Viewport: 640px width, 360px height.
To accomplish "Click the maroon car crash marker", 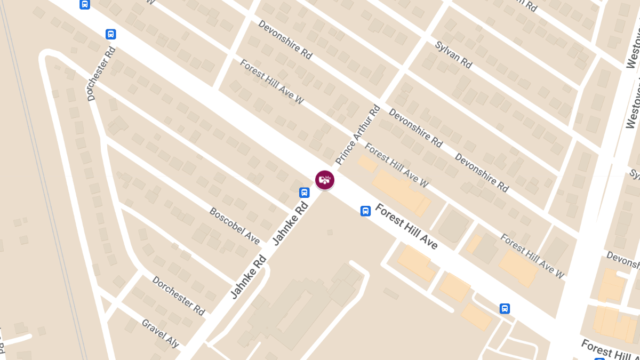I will (325, 180).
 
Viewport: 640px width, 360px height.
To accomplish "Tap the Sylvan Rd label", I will (453, 55).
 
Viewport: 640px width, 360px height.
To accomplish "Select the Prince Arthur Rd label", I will (358, 134).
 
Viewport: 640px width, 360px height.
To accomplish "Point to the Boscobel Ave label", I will (235, 226).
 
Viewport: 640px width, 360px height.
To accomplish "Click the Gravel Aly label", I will (160, 333).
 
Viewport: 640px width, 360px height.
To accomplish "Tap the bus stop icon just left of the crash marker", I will (305, 193).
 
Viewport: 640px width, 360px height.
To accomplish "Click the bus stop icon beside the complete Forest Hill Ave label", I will (365, 211).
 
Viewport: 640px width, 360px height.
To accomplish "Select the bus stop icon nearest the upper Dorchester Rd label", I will (111, 34).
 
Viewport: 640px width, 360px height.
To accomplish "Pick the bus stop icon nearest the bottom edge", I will (505, 308).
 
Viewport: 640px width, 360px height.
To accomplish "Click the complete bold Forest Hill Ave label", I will (406, 226).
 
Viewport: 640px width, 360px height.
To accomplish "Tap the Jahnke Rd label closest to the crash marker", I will (291, 223).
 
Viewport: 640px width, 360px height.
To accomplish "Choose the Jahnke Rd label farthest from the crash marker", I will (249, 277).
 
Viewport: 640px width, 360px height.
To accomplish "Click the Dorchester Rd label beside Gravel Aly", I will (178, 295).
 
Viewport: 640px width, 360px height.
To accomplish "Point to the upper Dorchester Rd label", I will (101, 74).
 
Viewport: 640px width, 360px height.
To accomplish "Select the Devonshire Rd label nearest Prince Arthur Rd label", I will (415, 128).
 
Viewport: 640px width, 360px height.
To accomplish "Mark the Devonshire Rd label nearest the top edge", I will (285, 39).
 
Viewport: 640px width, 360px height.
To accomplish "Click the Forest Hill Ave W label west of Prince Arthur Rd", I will (271, 81).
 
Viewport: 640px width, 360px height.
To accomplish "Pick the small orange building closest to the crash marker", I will (367, 164).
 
